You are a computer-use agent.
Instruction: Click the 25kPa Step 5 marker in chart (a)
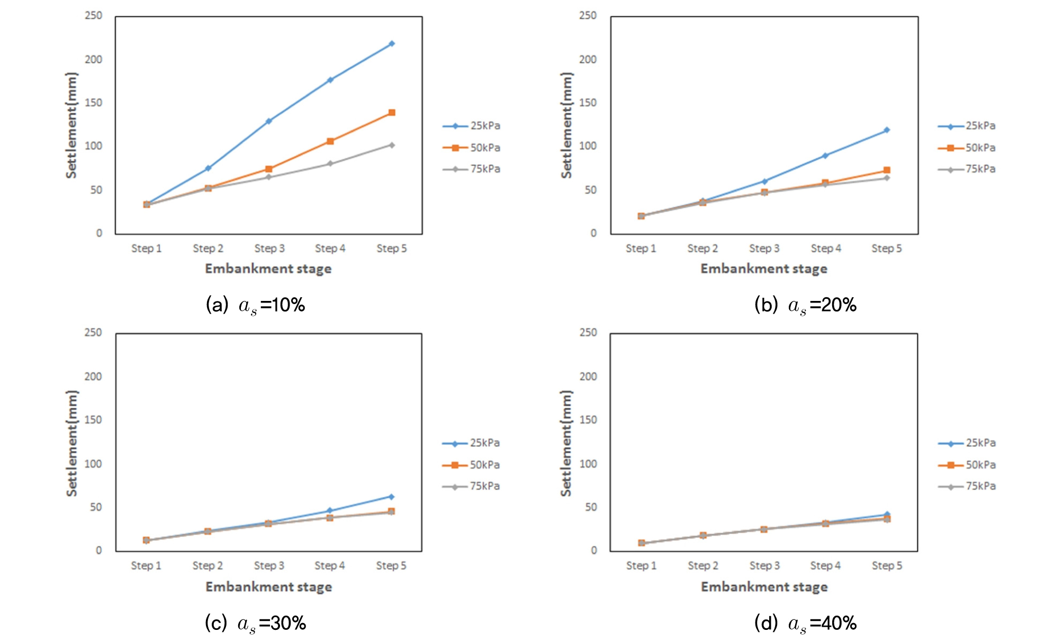click(392, 44)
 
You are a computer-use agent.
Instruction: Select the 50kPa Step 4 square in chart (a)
click(330, 141)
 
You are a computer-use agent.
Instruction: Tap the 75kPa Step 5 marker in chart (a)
click(392, 145)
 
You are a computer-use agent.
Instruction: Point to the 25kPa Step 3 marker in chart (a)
click(269, 121)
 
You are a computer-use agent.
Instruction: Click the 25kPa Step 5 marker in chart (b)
click(887, 130)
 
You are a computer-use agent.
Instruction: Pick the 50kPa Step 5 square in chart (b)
click(887, 170)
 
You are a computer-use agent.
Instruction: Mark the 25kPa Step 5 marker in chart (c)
click(391, 497)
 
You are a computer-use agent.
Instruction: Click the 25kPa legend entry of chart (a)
click(472, 126)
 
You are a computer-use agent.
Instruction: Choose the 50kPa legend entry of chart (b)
click(967, 148)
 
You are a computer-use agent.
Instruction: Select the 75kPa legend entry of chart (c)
click(471, 486)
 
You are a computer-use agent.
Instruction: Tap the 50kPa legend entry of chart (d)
click(967, 465)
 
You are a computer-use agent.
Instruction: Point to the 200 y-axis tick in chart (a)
click(94, 60)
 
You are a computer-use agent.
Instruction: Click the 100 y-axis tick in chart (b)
click(588, 146)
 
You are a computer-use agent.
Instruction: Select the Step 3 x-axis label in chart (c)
click(269, 565)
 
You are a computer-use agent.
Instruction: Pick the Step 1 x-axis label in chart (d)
click(641, 565)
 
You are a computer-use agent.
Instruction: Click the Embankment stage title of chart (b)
click(764, 269)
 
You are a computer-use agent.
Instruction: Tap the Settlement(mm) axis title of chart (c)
click(71, 443)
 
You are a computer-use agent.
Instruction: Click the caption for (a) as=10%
click(256, 305)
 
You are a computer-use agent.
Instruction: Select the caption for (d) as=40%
click(805, 623)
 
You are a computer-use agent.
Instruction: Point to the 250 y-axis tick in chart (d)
click(588, 333)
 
